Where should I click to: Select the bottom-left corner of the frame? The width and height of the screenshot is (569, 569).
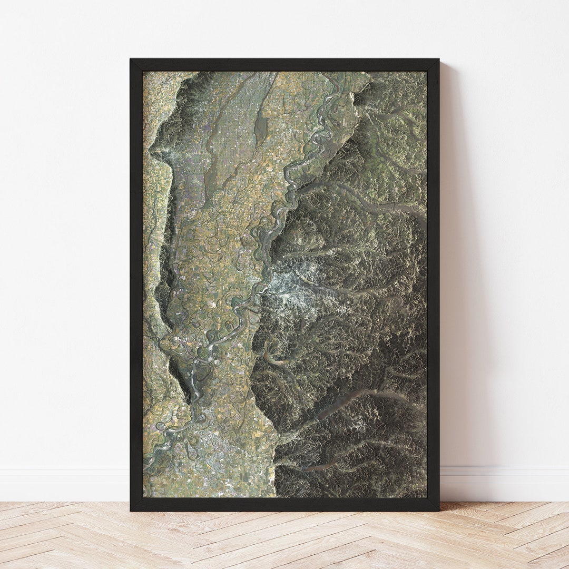(x=132, y=509)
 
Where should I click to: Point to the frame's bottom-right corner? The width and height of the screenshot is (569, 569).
(x=437, y=509)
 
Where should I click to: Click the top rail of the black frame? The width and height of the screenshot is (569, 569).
(x=284, y=65)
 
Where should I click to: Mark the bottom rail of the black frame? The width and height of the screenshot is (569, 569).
(x=284, y=504)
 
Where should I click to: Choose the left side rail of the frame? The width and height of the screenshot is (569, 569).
(x=136, y=284)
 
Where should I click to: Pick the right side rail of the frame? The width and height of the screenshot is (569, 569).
(x=433, y=284)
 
